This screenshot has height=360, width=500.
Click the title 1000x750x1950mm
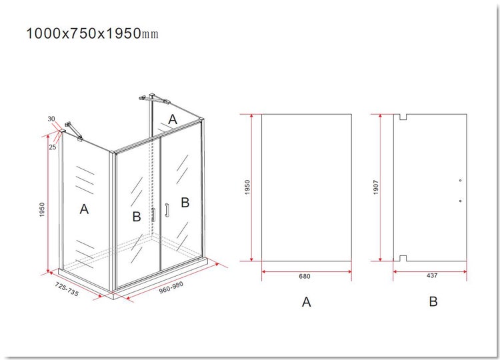click(x=92, y=33)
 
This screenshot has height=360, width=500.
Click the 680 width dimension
click(x=305, y=276)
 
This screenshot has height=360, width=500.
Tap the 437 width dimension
click(x=432, y=275)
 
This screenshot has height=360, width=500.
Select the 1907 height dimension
click(x=375, y=187)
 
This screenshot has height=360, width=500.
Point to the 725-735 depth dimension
click(x=67, y=289)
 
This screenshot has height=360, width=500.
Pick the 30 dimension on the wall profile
click(x=51, y=119)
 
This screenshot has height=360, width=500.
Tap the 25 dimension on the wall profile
click(x=53, y=147)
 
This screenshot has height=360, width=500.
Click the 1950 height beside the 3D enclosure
click(x=42, y=210)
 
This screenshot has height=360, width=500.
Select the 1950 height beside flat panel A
click(x=247, y=187)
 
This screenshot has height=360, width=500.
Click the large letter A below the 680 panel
click(x=306, y=301)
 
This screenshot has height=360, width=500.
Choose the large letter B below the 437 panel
click(x=433, y=301)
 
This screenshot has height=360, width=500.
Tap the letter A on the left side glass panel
click(x=84, y=209)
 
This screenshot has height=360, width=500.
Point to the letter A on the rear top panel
click(x=173, y=119)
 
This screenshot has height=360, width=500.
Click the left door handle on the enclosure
click(x=153, y=215)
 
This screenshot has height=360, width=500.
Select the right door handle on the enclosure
click(x=167, y=211)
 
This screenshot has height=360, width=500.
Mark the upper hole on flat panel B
click(x=460, y=181)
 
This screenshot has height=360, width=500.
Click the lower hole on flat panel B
click(x=460, y=201)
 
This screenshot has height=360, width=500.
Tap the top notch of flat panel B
click(x=403, y=117)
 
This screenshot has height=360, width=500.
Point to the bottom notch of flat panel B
click(x=403, y=258)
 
